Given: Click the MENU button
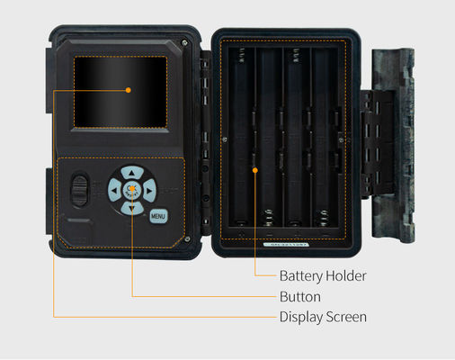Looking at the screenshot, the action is pos(158,216).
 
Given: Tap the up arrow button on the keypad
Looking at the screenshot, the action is pos(132,173).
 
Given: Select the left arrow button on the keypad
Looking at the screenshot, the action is pos(114,190).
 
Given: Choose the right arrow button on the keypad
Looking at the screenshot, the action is pos(149,191).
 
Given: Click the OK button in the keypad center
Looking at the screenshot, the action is pos(132,190).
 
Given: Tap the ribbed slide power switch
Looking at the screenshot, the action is pos(80,191).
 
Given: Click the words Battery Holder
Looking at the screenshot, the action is pos(323,276).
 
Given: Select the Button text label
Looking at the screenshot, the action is pos(300,297).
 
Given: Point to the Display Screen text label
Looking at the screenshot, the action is pos(323,317).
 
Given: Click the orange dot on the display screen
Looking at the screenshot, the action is pos(129,90).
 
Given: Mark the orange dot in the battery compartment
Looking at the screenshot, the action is pos(255,170).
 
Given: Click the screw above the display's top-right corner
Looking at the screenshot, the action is pos(184,42).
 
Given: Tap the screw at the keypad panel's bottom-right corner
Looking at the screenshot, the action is pos(187,239).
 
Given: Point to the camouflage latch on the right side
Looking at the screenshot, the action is pos(393,145).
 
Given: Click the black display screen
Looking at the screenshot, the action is pos(120,92).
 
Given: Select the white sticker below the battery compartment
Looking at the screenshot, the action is pos(286,245).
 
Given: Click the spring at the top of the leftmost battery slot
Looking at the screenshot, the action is pos(242,56).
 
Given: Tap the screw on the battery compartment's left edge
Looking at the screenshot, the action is pos(225,139).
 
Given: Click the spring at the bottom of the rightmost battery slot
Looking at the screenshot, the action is pos(324,218).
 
